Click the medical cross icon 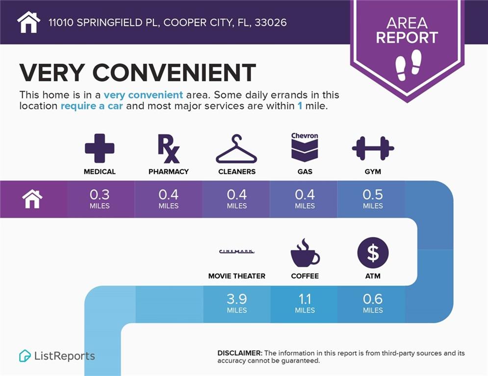(x=100, y=148)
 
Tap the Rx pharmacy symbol (x=168, y=148)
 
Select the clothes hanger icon (x=236, y=149)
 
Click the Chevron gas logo (x=305, y=147)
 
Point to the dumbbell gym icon (x=373, y=148)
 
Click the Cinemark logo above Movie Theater (x=236, y=252)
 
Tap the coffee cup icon (x=305, y=253)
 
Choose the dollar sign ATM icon (x=373, y=253)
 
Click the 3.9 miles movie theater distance (x=236, y=302)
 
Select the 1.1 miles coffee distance (x=305, y=302)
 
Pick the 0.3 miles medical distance (x=100, y=198)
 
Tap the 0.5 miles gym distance (x=373, y=198)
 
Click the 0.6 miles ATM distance (x=373, y=302)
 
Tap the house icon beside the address (x=28, y=22)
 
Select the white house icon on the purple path (x=32, y=199)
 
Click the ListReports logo (x=57, y=356)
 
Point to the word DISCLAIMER (x=240, y=353)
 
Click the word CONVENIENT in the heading (x=174, y=72)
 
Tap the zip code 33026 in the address (x=271, y=23)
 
